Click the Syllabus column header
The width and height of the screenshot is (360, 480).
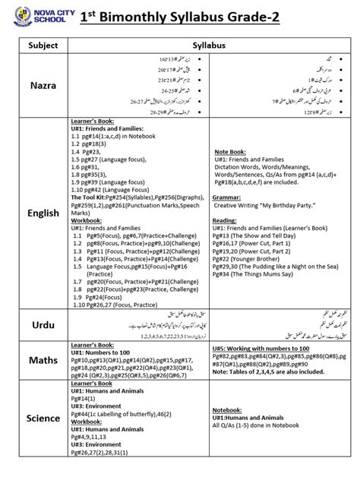coord(210,46)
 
